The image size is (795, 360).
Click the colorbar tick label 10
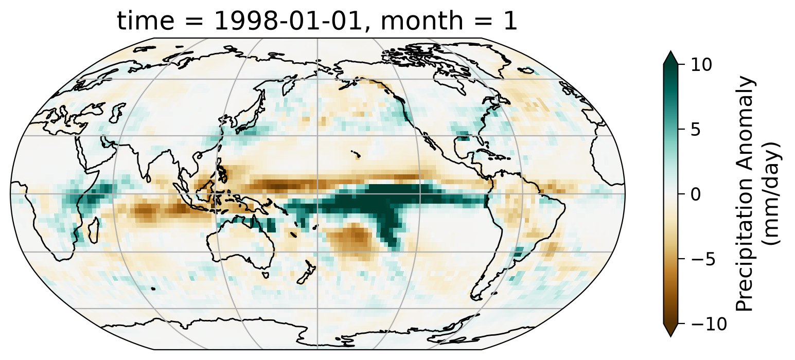701,65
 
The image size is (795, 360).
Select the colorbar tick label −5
702,259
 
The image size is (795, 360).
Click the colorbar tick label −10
708,324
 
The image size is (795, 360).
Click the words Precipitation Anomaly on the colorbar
744,194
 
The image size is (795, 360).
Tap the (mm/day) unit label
771,194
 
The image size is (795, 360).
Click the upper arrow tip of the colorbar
670,51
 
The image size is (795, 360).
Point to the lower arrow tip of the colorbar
670,336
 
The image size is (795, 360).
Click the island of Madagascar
93,230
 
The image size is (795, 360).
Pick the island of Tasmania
265,275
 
